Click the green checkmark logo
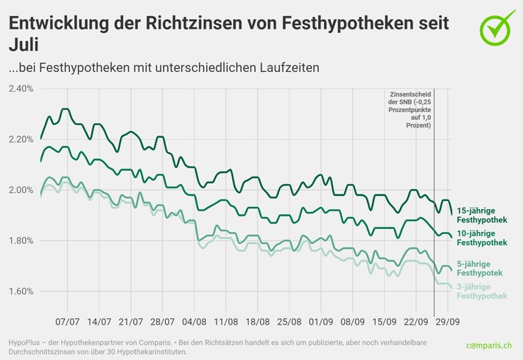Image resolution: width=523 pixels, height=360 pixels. point(498,27)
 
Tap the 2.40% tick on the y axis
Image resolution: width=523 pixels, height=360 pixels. point(21,89)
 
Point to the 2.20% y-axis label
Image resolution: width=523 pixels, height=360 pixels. point(21,139)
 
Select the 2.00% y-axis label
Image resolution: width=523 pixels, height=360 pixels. point(21,190)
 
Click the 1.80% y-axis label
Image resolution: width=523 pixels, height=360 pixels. point(21,241)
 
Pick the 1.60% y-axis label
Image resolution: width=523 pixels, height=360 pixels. point(21,292)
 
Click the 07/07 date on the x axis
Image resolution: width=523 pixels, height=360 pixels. point(68,322)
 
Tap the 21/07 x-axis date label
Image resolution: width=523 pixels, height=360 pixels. point(131,322)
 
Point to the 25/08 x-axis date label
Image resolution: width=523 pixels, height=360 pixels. point(289,322)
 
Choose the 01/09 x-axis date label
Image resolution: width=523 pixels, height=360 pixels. point(321,322)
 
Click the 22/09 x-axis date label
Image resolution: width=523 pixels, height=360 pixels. point(416,322)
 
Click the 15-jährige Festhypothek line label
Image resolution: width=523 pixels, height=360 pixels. point(482,215)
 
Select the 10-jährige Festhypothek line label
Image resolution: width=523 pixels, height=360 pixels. point(482,238)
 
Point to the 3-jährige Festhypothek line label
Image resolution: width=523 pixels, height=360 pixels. point(482,291)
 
